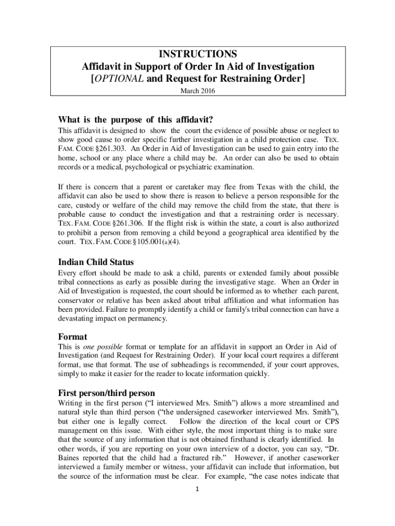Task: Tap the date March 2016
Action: (x=197, y=91)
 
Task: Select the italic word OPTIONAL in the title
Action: (x=119, y=79)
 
